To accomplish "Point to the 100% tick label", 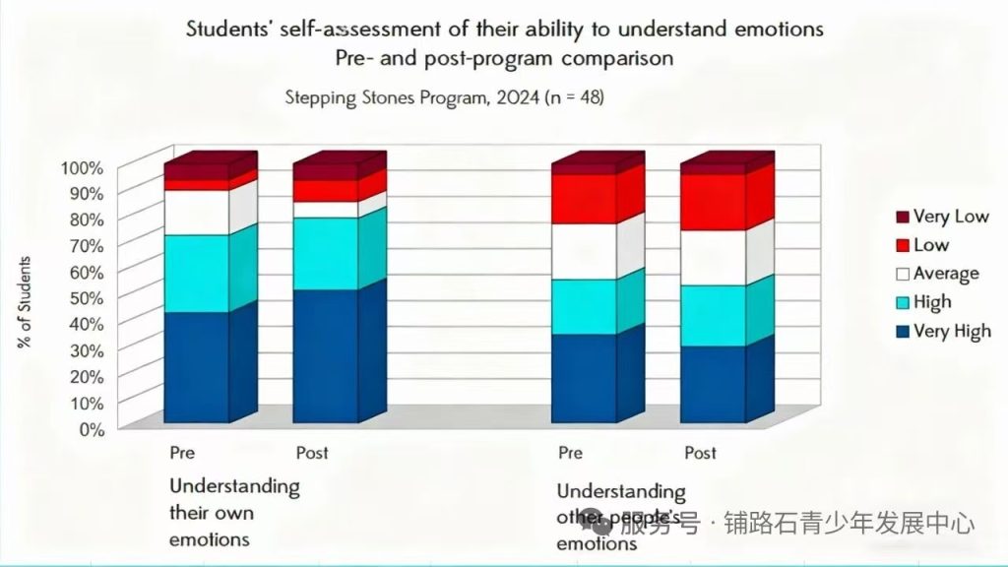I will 82,167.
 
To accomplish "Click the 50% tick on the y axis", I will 86,297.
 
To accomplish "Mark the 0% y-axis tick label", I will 90,429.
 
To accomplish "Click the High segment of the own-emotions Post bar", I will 326,253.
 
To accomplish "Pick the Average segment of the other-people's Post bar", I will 713,258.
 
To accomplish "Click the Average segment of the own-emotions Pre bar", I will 196,212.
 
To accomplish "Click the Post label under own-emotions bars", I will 312,453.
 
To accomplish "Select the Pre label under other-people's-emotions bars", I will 571,453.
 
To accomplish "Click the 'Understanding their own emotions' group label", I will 234,513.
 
